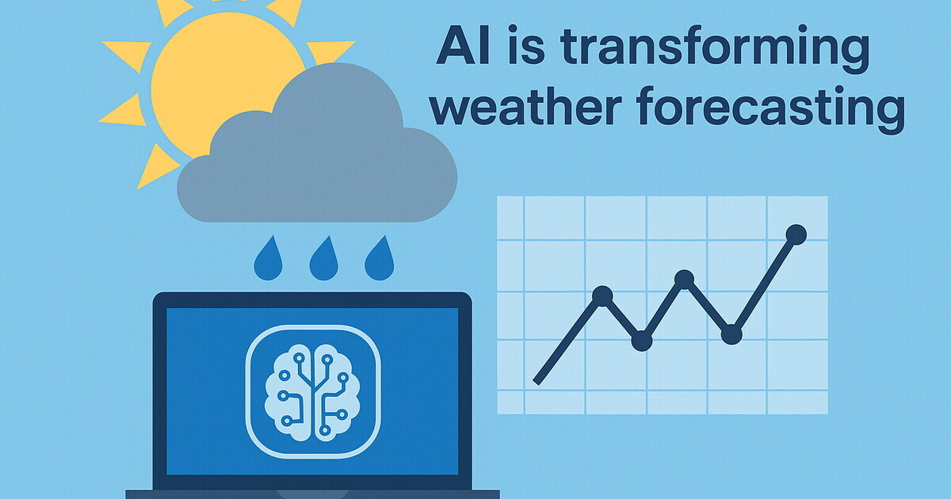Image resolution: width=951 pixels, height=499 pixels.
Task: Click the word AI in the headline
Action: point(463,45)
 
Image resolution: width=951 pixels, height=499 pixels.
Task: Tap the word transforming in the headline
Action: point(715,49)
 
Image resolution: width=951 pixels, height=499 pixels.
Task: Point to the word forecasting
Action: point(770,109)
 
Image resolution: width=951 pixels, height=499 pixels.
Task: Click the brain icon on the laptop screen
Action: point(312,392)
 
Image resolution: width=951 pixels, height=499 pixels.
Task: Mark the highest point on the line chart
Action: point(796,234)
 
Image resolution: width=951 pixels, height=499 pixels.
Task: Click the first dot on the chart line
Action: point(602,295)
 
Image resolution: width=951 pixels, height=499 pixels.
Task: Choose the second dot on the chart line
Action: point(642,341)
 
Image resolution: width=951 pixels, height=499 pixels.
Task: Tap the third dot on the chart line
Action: point(684,280)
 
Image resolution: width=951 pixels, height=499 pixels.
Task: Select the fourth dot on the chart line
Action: point(731,334)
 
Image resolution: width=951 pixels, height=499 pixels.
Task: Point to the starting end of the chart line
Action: point(536,382)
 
